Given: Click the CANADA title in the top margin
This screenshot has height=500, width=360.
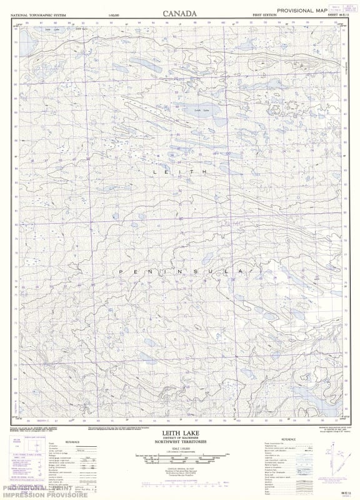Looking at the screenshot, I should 179,12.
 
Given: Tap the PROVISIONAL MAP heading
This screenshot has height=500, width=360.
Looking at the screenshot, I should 302,11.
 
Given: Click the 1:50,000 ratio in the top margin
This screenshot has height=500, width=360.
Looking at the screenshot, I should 113,14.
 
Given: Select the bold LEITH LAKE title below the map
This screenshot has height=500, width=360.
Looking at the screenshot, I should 179,432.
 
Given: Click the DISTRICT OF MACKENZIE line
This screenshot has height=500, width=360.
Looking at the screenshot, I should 179,437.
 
